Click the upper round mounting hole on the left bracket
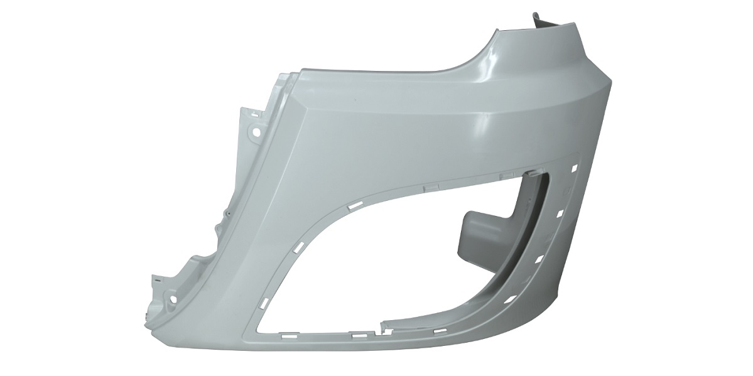click(256, 132)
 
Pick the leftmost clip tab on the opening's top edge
click(433, 185)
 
